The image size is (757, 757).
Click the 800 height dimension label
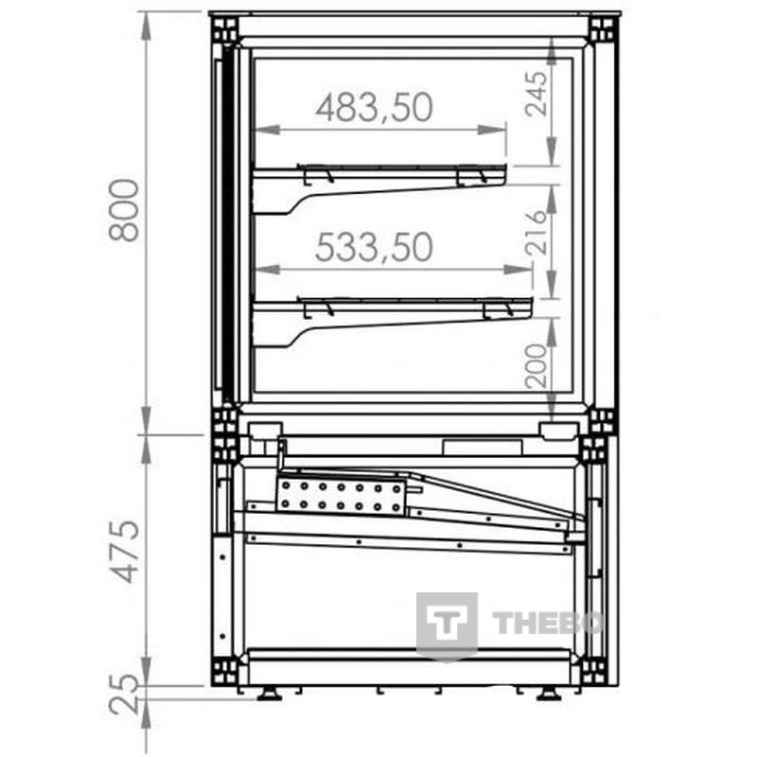[124, 210]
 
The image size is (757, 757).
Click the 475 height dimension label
[124, 552]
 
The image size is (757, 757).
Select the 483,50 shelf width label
[374, 108]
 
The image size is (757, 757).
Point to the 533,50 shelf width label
[374, 247]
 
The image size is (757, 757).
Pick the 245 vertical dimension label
[537, 94]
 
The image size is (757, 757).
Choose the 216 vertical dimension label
[537, 233]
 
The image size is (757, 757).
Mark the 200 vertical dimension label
[537, 366]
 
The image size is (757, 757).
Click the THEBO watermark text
[548, 623]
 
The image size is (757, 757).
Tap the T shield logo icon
[447, 626]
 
